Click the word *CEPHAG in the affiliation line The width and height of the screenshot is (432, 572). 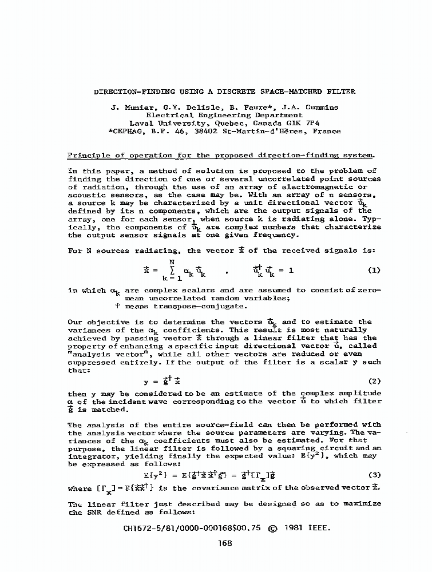click(124, 131)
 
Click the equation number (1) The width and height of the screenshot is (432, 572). click(372, 270)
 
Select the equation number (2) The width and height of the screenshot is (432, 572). click(372, 380)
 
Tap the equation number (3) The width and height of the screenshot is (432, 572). click(372, 474)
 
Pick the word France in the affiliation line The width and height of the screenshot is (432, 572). click(327, 131)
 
